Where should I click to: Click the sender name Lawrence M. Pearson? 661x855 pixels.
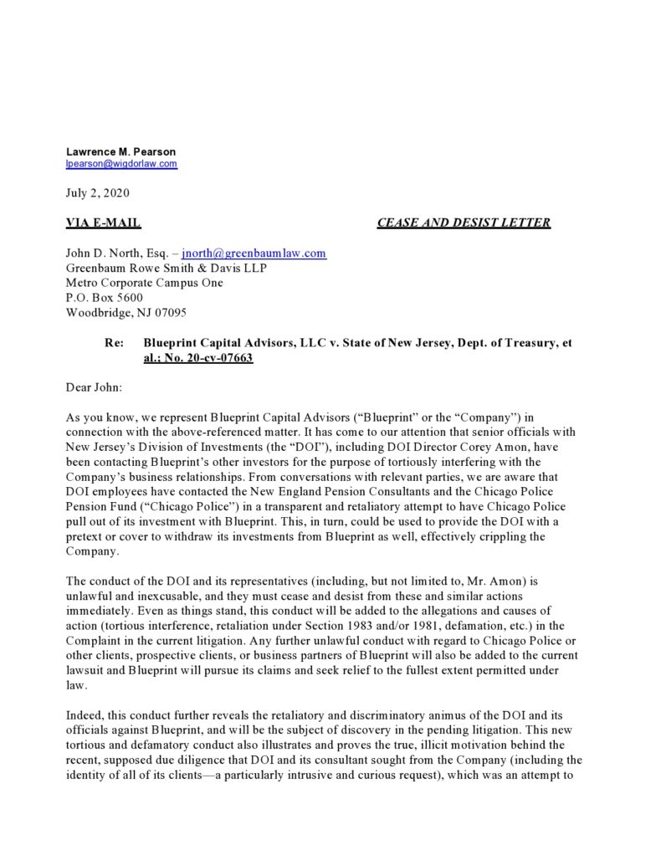tap(121, 151)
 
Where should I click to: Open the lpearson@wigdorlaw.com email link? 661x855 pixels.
tap(121, 164)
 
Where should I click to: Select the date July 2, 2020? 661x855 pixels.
tap(97, 192)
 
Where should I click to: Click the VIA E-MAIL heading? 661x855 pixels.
tap(103, 223)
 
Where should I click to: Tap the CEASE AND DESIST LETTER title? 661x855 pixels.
tap(464, 223)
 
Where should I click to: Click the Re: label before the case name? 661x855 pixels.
tap(114, 343)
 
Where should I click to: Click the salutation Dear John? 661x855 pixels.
tap(93, 387)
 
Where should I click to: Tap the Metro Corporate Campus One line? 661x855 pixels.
tap(144, 283)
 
